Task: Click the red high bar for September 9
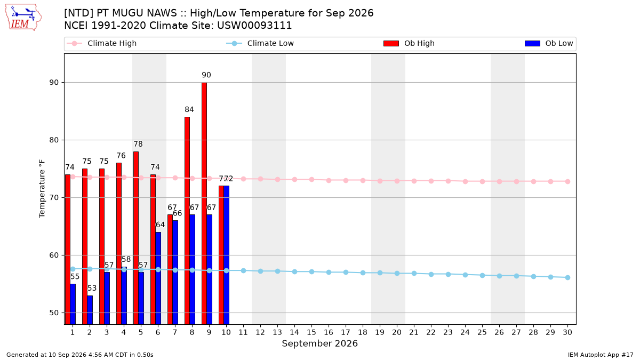[x=204, y=203]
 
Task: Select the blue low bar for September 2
[x=90, y=310]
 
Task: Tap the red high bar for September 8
[x=187, y=221]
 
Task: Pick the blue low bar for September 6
[x=158, y=278]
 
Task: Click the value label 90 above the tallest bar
[x=206, y=75]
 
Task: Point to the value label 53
[x=92, y=288]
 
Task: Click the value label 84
[x=189, y=109]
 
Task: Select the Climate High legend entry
[x=102, y=43]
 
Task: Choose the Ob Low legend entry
[x=549, y=43]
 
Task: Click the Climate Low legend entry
[x=260, y=43]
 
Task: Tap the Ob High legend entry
[x=409, y=43]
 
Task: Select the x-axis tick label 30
[x=567, y=332]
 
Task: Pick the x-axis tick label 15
[x=311, y=332]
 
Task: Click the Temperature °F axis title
[x=42, y=189]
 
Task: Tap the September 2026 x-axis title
[x=319, y=343]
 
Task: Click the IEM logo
[x=23, y=18]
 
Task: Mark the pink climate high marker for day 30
[x=567, y=181]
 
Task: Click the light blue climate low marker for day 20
[x=397, y=274]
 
